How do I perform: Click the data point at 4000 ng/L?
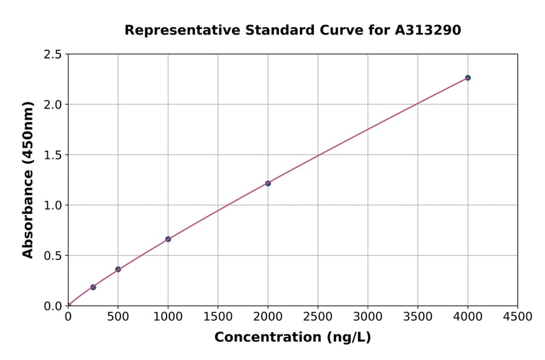467,78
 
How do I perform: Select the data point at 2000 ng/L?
268,183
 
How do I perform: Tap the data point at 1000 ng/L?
168,239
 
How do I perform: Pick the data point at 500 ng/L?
118,269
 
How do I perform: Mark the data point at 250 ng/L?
93,287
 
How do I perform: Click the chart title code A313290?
429,30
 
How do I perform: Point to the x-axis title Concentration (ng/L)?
292,338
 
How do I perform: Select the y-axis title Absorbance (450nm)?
28,179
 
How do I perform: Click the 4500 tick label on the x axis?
517,316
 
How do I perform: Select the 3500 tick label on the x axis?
417,316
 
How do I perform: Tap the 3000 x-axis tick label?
368,316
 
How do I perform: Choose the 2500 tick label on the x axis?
317,316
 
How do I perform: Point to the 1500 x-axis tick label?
217,316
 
